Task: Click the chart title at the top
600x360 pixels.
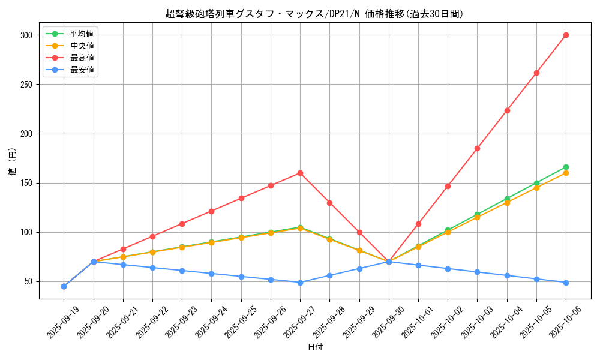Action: click(x=314, y=14)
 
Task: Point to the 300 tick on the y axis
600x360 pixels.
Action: click(x=25, y=35)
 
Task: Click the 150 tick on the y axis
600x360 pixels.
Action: click(x=25, y=183)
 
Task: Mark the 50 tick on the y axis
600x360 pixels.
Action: click(x=27, y=282)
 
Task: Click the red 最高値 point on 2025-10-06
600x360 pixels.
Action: click(x=566, y=35)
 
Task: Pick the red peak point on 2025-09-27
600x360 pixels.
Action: click(x=300, y=173)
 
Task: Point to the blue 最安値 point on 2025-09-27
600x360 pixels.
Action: click(x=300, y=283)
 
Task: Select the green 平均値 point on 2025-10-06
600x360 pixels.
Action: click(x=566, y=167)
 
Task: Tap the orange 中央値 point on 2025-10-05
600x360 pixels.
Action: click(x=536, y=188)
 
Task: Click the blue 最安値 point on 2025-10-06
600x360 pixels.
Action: click(x=566, y=283)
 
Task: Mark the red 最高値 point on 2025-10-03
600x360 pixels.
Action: click(x=477, y=148)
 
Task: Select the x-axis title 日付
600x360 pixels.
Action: click(x=314, y=347)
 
